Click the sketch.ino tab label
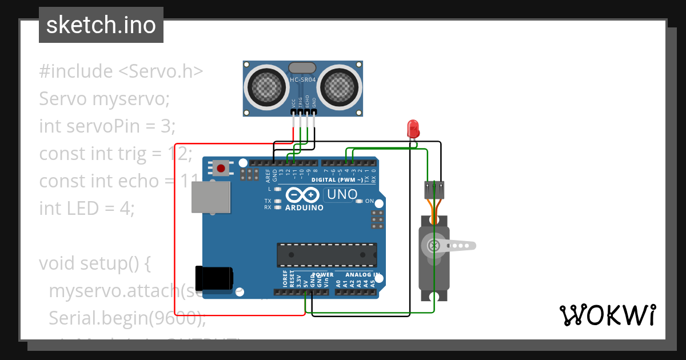(101, 25)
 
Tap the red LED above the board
(413, 129)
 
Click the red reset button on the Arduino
(221, 169)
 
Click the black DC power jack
(213, 278)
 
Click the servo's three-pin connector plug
(434, 190)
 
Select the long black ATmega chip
(327, 254)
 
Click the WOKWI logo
(607, 315)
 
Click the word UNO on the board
(341, 195)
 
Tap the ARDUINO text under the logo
(304, 207)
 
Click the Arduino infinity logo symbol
(302, 195)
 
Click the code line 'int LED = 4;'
(86, 209)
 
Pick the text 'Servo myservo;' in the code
(105, 99)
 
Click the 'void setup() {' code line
(94, 263)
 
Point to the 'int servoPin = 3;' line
(107, 126)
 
